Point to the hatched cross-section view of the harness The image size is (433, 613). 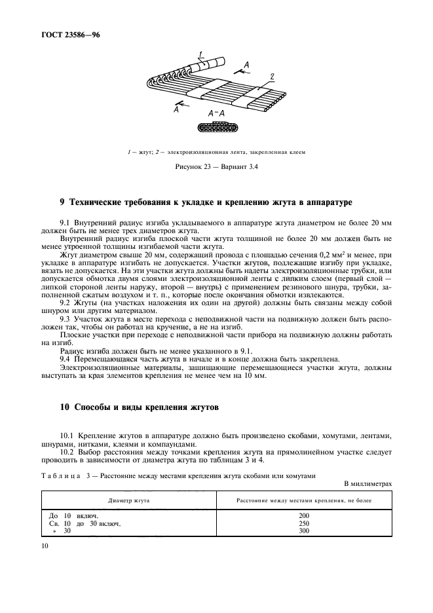pyautogui.click(x=216, y=125)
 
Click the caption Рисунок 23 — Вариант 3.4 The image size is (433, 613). pyautogui.click(x=216, y=166)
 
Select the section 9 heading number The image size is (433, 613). pyautogui.click(x=62, y=202)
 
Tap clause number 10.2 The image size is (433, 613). pyautogui.click(x=68, y=451)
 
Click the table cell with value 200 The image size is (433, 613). pyautogui.click(x=303, y=515)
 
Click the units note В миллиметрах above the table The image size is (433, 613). pyautogui.click(x=367, y=483)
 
